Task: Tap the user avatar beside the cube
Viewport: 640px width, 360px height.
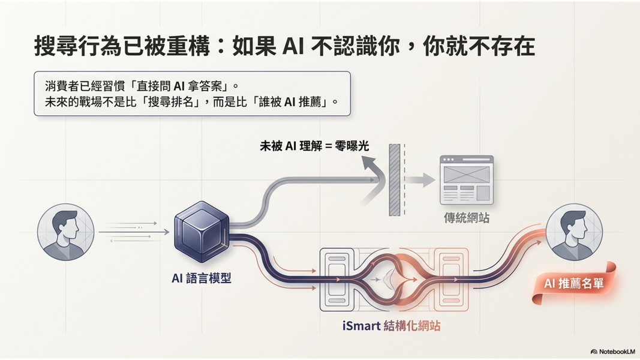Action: [x=66, y=232]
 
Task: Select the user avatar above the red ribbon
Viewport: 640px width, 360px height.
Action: [x=574, y=232]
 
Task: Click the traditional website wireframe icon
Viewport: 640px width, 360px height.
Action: [x=466, y=179]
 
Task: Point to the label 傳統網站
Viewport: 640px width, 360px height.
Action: [x=466, y=218]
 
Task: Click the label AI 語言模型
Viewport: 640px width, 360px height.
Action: [x=201, y=278]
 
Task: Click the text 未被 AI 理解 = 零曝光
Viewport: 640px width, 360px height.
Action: [x=314, y=145]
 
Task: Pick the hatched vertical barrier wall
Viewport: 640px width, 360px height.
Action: [x=394, y=179]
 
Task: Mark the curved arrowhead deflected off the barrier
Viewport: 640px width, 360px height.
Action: [x=371, y=163]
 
